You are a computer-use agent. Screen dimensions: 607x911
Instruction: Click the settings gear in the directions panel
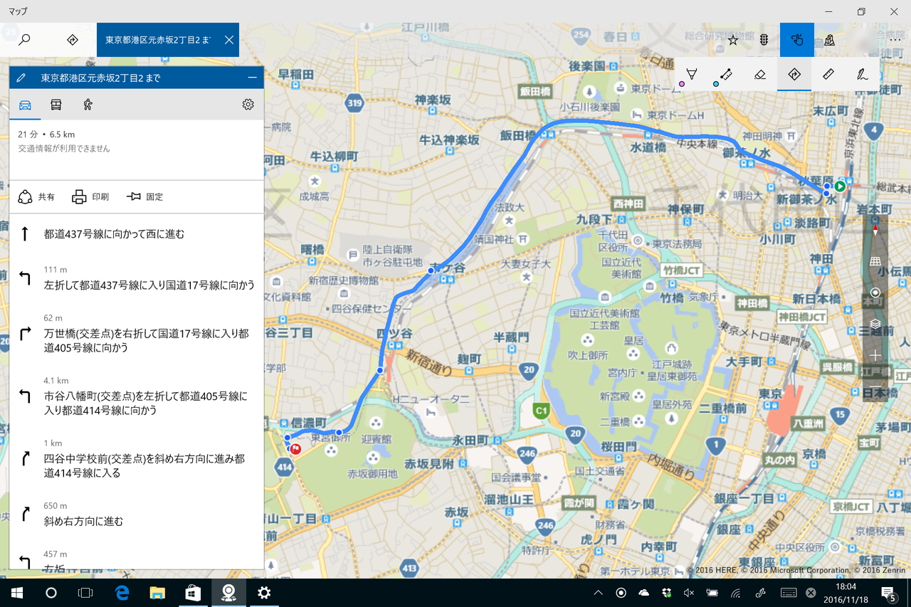pos(248,105)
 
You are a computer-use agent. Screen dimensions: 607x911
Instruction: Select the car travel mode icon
pos(25,105)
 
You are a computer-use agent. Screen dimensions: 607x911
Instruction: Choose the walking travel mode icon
pos(88,105)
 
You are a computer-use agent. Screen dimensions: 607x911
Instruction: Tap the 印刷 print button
pos(90,197)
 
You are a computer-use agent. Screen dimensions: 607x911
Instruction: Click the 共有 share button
pos(36,197)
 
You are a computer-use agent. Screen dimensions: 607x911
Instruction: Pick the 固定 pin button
pos(144,197)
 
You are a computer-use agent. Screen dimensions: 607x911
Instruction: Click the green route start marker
pos(840,186)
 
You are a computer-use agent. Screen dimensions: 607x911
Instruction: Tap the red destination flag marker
pos(295,449)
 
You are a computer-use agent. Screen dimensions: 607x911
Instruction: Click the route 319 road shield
pos(355,103)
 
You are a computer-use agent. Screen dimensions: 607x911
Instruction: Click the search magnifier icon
pos(24,40)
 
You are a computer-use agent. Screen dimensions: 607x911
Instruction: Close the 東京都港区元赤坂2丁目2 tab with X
pos(228,40)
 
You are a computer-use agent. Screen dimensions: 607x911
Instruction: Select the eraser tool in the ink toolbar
pos(759,74)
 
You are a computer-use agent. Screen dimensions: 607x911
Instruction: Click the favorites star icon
pos(732,40)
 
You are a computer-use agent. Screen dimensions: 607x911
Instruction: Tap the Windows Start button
pos(17,593)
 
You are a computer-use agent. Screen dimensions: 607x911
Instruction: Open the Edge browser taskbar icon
pos(122,593)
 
